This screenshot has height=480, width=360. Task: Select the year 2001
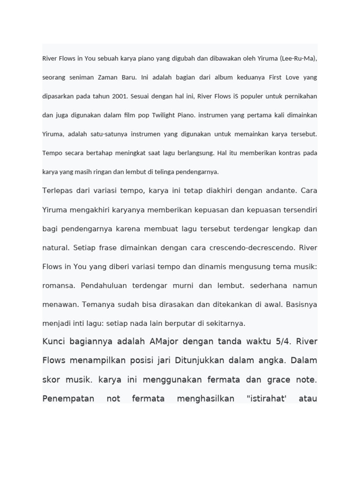(x=119, y=97)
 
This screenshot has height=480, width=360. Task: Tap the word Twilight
(x=169, y=115)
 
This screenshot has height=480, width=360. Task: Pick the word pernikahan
(x=300, y=97)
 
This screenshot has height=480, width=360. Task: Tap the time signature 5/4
(x=280, y=341)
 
